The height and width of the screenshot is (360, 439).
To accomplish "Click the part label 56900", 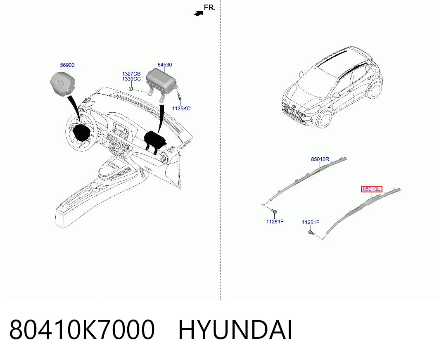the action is pos(67,65).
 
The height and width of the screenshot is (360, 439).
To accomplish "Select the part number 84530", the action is pos(165,65).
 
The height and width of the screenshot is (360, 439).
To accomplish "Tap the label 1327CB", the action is pos(131,74).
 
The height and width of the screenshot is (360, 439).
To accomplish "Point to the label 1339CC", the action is pos(131,79).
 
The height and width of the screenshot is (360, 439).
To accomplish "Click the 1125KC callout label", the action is pos(181,108).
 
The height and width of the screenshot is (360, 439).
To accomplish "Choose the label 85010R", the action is pos(320,159).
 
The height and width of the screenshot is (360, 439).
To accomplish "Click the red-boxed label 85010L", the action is pos(372,189).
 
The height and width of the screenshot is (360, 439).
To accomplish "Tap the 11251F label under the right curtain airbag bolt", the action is pos(275,222).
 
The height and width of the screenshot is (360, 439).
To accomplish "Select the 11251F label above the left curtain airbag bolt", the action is pos(311,222).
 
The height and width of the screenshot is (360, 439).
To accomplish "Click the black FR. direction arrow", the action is pos(199,14).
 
